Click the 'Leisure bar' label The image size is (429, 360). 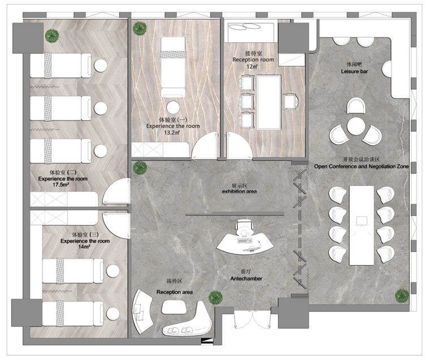(x=354, y=71)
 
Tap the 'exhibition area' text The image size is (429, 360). (x=240, y=191)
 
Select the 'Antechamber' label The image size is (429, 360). (x=246, y=279)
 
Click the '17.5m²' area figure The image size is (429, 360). (x=60, y=185)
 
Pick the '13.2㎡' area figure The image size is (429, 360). (x=172, y=133)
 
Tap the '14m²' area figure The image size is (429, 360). (x=84, y=247)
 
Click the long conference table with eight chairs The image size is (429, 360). (x=362, y=225)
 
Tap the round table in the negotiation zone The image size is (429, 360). (x=356, y=126)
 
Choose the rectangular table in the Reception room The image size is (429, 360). (x=268, y=102)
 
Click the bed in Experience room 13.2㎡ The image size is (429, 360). (x=173, y=67)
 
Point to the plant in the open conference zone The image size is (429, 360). (x=402, y=296)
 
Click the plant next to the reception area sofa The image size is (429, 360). (x=215, y=298)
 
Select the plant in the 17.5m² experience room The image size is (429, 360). (x=52, y=35)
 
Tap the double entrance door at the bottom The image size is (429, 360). (x=252, y=319)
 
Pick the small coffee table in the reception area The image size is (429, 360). (x=174, y=307)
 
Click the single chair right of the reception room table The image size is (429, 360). (x=290, y=102)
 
